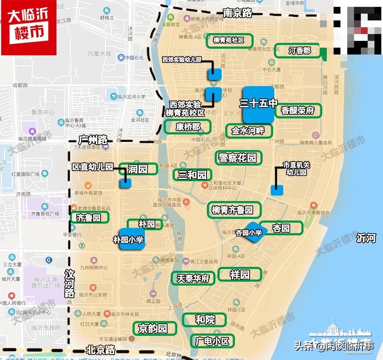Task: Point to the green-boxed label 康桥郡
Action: click(x=188, y=127)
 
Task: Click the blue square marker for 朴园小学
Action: click(x=132, y=239)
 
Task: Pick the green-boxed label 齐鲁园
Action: click(x=89, y=218)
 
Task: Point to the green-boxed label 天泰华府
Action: click(x=194, y=278)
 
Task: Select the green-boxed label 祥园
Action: click(x=240, y=274)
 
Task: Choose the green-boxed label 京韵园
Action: click(x=155, y=328)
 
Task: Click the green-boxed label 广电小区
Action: click(x=213, y=341)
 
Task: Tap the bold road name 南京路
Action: click(x=238, y=13)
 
